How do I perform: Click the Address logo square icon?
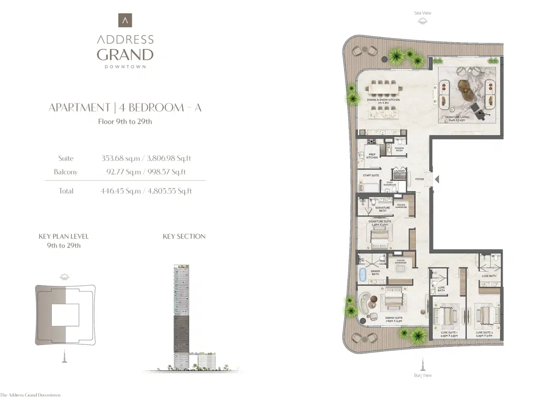click(125, 20)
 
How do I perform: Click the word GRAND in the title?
click(125, 55)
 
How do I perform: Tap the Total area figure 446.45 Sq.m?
click(120, 191)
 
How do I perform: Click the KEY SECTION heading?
click(184, 236)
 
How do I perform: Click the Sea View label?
click(423, 13)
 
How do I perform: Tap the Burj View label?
click(423, 375)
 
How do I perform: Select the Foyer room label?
click(419, 179)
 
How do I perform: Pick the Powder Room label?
click(399, 149)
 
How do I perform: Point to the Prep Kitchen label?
click(372, 156)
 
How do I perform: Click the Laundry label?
click(399, 171)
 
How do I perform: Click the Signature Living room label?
click(457, 118)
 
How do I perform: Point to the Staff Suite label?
click(371, 175)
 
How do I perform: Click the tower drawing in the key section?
click(181, 317)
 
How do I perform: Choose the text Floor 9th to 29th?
click(125, 121)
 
